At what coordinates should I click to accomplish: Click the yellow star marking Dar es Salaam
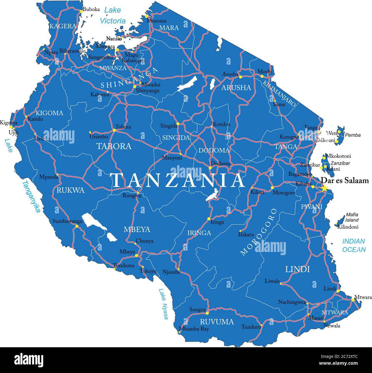(324, 188)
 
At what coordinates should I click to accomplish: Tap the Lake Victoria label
(112, 15)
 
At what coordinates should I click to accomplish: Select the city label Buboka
(91, 9)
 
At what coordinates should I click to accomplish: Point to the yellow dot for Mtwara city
(353, 299)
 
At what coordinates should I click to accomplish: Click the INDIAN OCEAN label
(354, 245)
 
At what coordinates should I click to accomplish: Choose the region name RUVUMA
(217, 322)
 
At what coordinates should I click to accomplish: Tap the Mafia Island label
(352, 217)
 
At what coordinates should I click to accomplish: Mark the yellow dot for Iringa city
(209, 219)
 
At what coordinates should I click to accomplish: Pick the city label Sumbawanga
(67, 221)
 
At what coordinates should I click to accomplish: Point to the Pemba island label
(353, 135)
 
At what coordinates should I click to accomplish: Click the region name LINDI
(298, 269)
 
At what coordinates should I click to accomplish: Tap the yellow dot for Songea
(207, 310)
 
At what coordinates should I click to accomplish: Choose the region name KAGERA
(63, 26)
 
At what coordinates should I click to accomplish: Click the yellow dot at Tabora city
(114, 130)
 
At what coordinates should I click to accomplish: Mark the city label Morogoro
(284, 193)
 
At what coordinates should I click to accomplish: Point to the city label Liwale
(272, 281)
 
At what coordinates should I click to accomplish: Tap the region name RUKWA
(70, 190)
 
